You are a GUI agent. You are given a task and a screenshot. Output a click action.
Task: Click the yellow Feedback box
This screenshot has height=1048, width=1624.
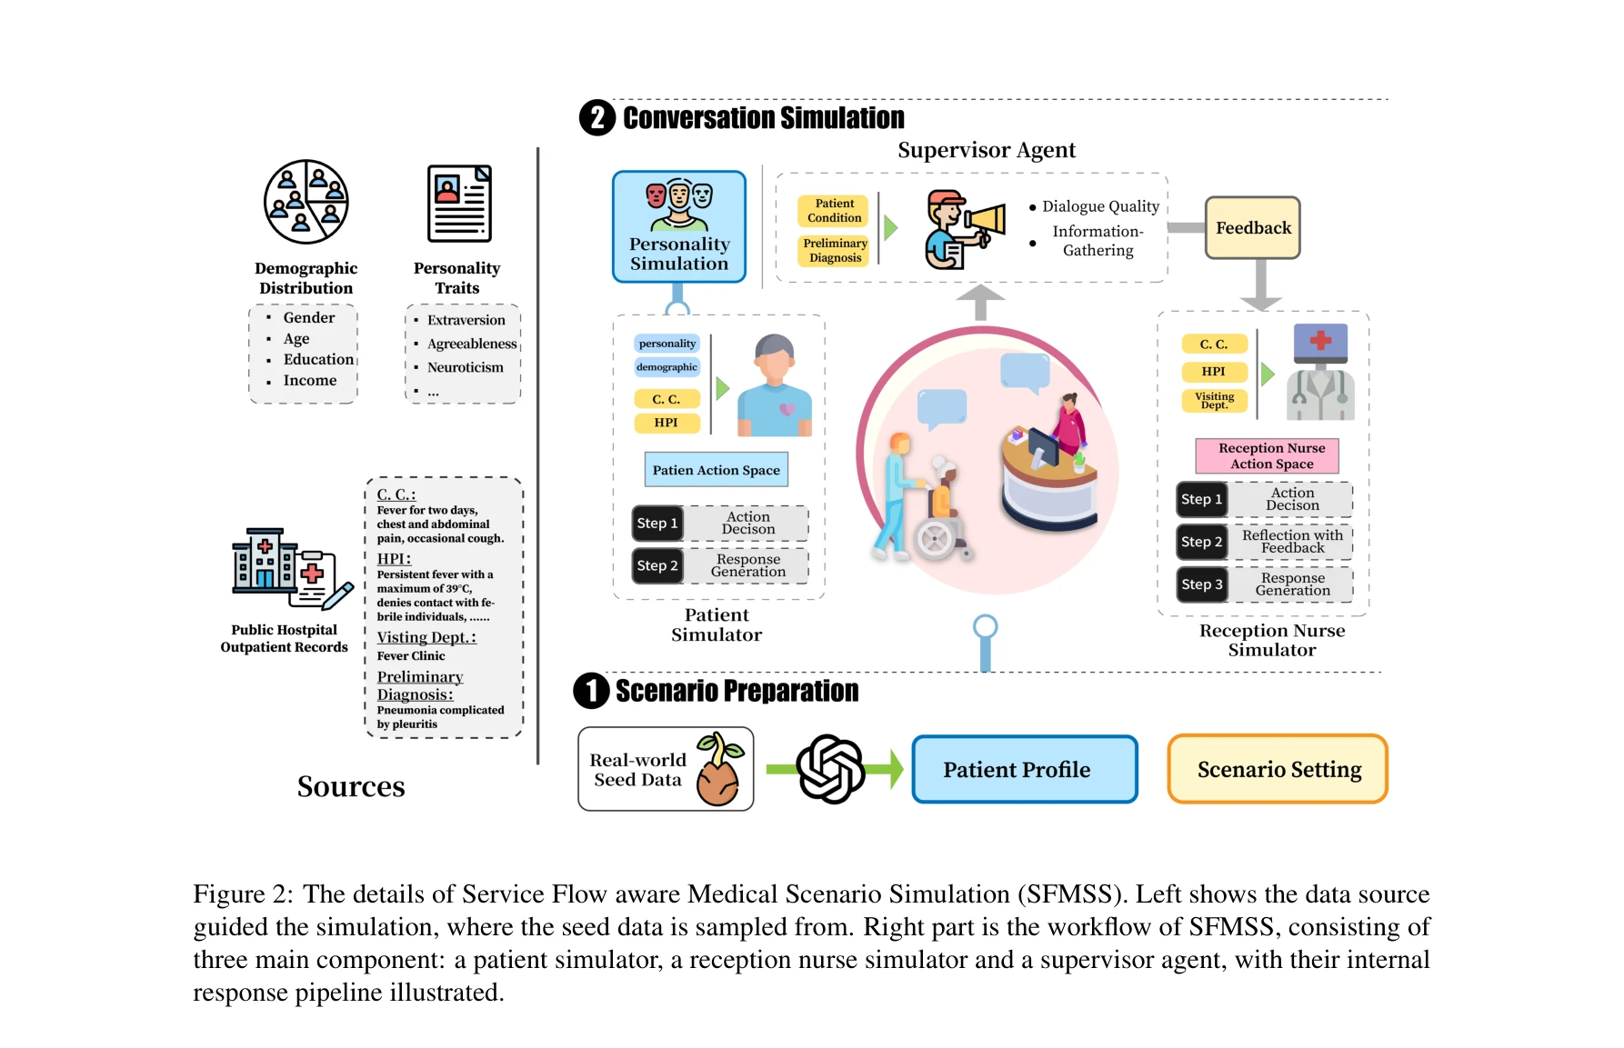click(x=1252, y=228)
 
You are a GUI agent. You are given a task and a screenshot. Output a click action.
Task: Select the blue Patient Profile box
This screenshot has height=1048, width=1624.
click(x=1025, y=770)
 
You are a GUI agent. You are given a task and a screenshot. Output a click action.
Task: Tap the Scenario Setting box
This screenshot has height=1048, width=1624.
click(x=1278, y=770)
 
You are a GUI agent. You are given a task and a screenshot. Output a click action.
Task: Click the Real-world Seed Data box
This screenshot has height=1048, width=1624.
click(x=666, y=770)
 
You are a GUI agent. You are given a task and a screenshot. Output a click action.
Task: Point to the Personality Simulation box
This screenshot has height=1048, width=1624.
click(x=679, y=227)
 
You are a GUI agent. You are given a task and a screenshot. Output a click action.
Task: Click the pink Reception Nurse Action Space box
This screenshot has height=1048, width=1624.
click(x=1271, y=455)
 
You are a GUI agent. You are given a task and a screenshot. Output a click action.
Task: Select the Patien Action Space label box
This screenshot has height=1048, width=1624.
click(x=716, y=470)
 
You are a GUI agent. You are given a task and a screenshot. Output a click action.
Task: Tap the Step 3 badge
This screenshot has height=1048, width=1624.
click(x=1201, y=584)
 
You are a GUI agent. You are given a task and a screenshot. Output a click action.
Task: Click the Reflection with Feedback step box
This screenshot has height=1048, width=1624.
click(x=1292, y=542)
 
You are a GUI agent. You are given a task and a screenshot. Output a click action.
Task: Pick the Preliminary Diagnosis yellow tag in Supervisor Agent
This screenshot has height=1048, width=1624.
click(x=835, y=251)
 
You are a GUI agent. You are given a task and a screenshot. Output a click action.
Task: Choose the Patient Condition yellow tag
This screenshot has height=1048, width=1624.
click(x=834, y=211)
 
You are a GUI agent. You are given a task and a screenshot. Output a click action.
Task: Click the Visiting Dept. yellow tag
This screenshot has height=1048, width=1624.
click(x=1214, y=400)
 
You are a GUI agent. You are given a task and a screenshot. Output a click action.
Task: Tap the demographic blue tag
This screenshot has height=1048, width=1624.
click(x=667, y=367)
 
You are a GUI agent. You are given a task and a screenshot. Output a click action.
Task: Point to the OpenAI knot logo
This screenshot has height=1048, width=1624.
click(x=830, y=769)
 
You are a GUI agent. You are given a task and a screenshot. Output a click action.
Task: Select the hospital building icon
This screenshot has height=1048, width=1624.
click(x=265, y=561)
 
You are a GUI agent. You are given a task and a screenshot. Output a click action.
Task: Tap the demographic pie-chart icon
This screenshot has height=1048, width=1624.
click(x=306, y=202)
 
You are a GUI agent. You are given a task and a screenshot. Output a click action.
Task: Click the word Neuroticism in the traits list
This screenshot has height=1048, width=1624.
click(x=465, y=367)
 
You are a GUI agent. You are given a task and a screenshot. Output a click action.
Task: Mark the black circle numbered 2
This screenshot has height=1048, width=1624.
click(x=597, y=118)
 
